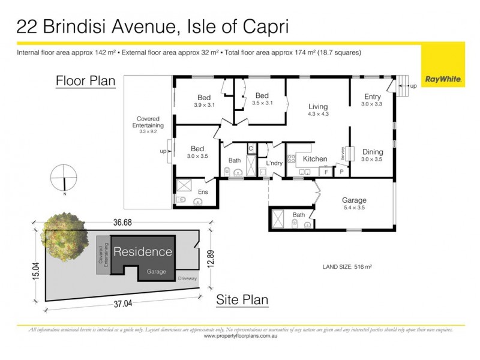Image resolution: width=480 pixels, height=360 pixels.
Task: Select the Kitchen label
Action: pyautogui.click(x=314, y=159)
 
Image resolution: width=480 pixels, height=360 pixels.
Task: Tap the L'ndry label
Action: pyautogui.click(x=274, y=163)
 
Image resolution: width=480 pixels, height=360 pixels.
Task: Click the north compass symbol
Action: pyautogui.click(x=64, y=180)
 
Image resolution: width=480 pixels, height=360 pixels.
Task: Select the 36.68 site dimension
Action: pyautogui.click(x=122, y=223)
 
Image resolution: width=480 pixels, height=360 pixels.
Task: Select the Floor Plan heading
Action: pyautogui.click(x=85, y=81)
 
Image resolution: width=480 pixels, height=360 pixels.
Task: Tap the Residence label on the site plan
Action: pyautogui.click(x=143, y=252)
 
